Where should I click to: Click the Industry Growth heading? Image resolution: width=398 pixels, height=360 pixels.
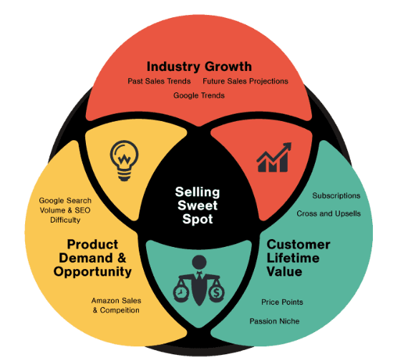click(x=199, y=67)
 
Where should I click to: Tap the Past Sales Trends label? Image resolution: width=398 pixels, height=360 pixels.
click(x=159, y=81)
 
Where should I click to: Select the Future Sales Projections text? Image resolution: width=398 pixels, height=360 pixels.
click(x=246, y=81)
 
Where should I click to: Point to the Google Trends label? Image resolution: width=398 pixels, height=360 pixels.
click(x=199, y=96)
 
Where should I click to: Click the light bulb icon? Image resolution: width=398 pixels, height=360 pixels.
click(x=124, y=161)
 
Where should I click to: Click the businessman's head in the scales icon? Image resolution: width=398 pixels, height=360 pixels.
click(x=199, y=263)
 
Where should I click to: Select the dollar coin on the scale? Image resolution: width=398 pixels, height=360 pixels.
click(x=216, y=293)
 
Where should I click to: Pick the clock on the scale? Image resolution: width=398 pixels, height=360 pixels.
click(x=181, y=293)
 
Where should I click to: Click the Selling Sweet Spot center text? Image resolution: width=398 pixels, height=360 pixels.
click(x=198, y=205)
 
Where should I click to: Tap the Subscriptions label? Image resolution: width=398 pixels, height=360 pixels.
click(x=336, y=195)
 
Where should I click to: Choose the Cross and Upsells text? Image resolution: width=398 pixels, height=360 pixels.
click(x=329, y=213)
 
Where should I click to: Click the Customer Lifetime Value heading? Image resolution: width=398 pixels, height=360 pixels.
click(x=298, y=258)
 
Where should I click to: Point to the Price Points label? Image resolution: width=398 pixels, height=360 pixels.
click(x=282, y=302)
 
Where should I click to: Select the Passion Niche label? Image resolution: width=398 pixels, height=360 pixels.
click(x=275, y=321)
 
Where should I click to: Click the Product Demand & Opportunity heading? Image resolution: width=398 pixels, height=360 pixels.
click(x=92, y=258)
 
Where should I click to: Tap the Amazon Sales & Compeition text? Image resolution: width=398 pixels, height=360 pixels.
click(x=116, y=306)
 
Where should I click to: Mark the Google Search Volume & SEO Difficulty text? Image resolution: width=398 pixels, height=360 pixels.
click(x=65, y=210)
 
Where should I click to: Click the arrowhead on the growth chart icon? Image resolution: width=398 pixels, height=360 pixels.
click(x=287, y=147)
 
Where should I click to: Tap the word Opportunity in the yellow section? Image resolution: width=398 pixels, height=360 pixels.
click(x=92, y=272)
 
